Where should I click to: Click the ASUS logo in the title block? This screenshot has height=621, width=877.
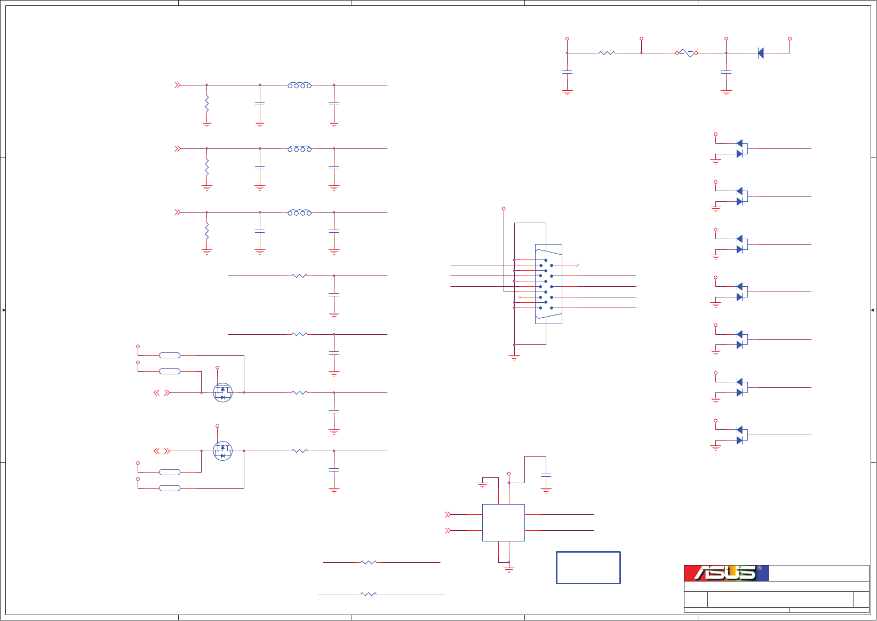coord(726,573)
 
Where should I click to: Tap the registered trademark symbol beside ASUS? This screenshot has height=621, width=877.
coord(760,568)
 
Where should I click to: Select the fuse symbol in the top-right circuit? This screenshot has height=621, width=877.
coord(687,53)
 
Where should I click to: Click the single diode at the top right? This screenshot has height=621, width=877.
coord(761,53)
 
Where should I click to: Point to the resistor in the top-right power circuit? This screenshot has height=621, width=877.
coord(607,53)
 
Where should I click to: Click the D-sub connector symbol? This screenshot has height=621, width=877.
coord(548,284)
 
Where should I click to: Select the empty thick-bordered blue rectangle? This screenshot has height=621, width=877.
coord(588,568)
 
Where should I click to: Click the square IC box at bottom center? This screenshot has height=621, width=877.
coord(504,523)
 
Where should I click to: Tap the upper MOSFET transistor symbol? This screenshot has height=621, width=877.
coord(223,392)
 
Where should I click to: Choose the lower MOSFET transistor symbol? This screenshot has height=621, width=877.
coord(223,451)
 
